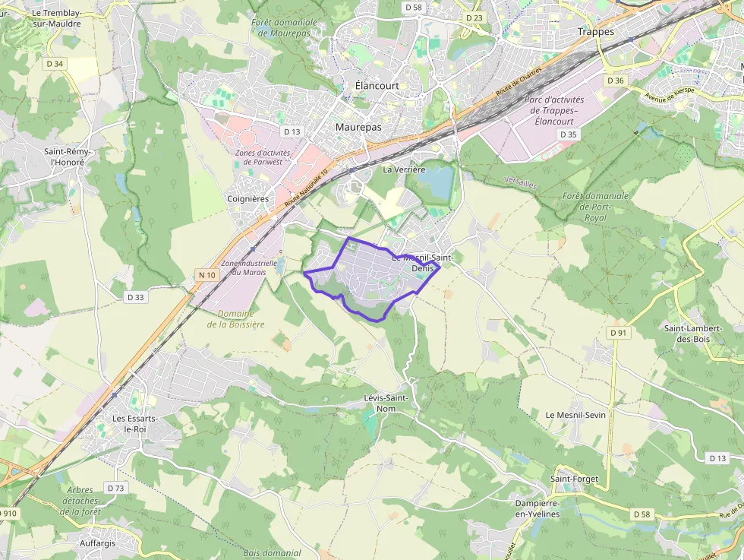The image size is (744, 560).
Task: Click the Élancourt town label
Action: coord(377,86)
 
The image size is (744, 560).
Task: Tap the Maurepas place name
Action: coord(358,128)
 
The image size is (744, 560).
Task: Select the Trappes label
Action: coord(595,32)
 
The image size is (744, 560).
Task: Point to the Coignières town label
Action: coord(248,199)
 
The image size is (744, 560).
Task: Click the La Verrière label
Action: coord(404,169)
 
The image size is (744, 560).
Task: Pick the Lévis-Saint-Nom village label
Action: coord(386,403)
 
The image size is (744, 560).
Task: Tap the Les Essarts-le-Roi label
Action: coord(134,423)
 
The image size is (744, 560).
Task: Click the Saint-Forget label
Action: coord(574,479)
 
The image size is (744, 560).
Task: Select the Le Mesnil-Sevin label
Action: coord(575,415)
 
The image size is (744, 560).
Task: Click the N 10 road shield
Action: coord(205,274)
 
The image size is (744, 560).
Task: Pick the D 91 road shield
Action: coord(619,333)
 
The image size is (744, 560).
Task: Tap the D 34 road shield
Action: coord(55,64)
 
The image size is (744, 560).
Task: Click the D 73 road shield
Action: coord(115,488)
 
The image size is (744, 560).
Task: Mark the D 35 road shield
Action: coord(568,134)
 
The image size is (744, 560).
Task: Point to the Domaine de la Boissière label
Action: coord(235,319)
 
